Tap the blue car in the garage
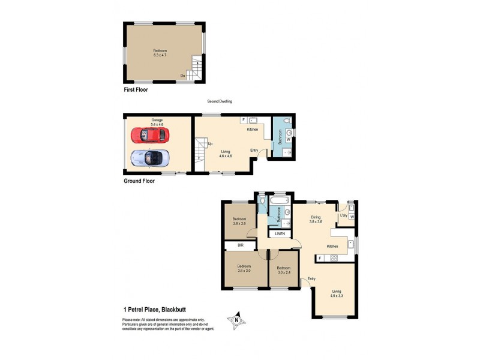click(150, 158)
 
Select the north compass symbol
click(237, 319)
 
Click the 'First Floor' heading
click(135, 89)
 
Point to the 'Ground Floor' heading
click(139, 181)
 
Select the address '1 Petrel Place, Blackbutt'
click(159, 310)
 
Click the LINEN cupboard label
click(280, 233)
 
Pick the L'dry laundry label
click(344, 215)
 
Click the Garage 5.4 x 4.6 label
click(157, 122)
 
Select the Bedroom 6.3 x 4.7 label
click(160, 53)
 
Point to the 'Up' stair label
click(209, 144)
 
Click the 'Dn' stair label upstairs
click(182, 76)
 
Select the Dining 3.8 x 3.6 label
click(316, 220)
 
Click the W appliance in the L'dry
click(352, 217)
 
